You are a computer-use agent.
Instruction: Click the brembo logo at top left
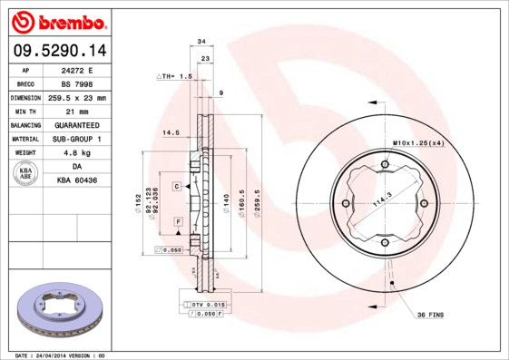coord(56,21)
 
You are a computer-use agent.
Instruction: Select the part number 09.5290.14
coord(56,51)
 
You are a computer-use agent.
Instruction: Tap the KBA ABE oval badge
coord(27,175)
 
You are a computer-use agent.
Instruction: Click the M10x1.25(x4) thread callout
coord(417,143)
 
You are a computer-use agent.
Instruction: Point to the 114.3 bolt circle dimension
coord(382,205)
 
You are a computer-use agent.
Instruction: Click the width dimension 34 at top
coord(201,41)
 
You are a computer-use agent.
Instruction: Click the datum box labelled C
coord(178,185)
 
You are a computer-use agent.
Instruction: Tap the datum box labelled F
coord(178,222)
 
